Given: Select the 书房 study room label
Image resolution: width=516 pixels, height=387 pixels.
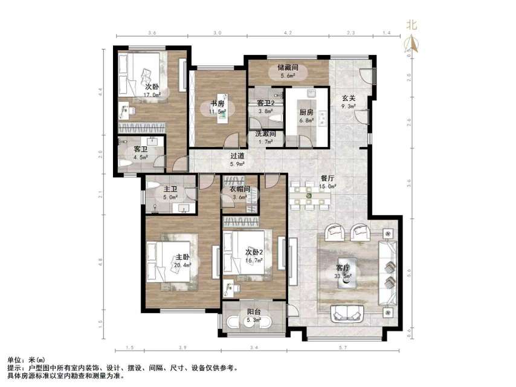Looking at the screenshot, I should (216, 103).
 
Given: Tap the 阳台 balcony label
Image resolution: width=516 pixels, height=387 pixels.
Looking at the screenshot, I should (254, 313).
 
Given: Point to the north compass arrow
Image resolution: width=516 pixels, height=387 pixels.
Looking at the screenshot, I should (413, 42).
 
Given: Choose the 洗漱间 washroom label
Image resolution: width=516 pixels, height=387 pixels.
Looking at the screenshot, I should (265, 134).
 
